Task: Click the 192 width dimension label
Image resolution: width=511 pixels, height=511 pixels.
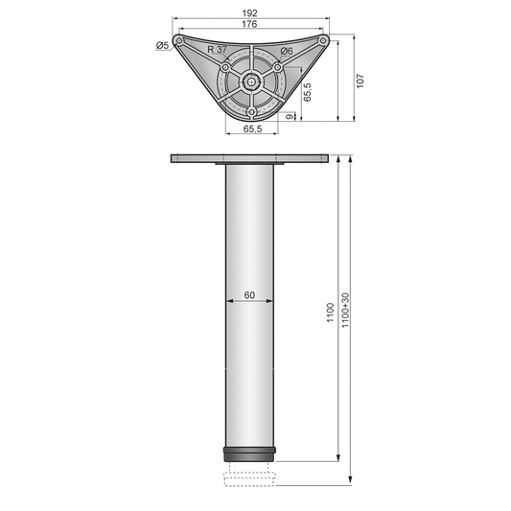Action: coord(250,13)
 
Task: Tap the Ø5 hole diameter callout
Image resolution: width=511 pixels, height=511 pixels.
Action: coord(162,45)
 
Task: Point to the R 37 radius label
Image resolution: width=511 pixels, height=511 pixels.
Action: coord(217,48)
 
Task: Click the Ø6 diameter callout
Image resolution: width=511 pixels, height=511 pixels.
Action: coord(286,51)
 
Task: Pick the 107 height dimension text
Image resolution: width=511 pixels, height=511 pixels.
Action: coord(360,82)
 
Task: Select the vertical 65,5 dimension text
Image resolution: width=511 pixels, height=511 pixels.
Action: coord(307,92)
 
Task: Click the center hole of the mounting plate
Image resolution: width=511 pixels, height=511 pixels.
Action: coord(250,82)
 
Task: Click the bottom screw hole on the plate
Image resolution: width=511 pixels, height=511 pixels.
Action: coord(250,114)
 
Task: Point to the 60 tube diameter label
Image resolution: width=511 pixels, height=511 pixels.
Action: coord(249,294)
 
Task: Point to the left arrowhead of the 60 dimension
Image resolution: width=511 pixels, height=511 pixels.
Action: coord(229,302)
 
